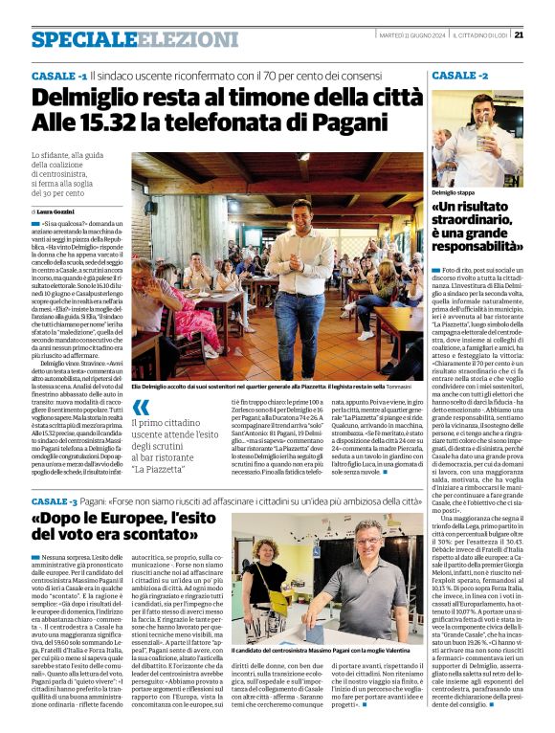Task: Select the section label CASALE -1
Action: click(58, 75)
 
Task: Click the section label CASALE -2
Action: click(459, 75)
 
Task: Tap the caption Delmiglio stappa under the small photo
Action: click(457, 192)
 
